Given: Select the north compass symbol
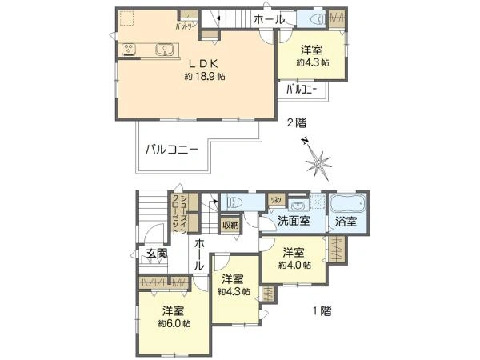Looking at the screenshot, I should tap(319, 163).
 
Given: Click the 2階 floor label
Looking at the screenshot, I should tap(296, 123).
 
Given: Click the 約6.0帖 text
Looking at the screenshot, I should tap(174, 323).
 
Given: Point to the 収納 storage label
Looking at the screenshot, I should tap(230, 226).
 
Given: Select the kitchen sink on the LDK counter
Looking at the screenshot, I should tap(165, 50).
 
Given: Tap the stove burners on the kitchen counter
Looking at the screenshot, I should tap(130, 50).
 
